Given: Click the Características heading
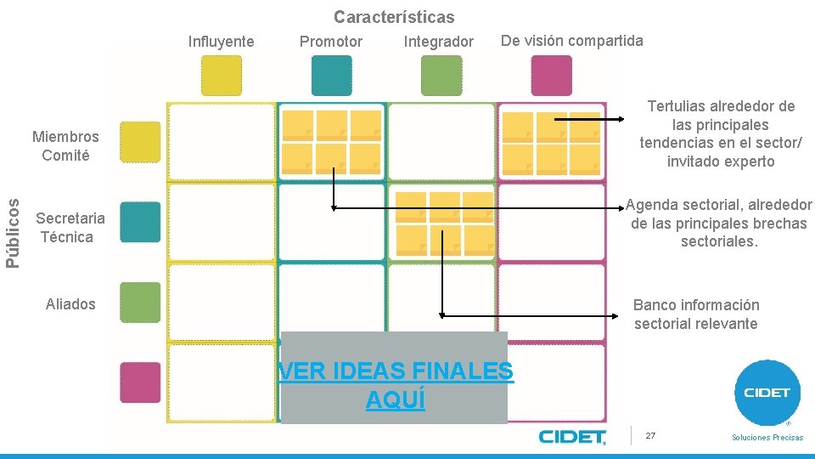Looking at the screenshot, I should coord(394,17).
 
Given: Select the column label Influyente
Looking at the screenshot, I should coord(221,42).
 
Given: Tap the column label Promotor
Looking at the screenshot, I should coord(331,42).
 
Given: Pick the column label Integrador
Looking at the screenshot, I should coord(439,42).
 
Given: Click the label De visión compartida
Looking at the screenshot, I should coord(572,41).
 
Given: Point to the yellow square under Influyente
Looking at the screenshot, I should coord(221,75).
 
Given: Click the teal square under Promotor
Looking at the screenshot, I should coord(331,75).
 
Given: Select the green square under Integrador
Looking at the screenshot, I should coord(441,75).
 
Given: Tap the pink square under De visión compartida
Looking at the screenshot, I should coord(551,75).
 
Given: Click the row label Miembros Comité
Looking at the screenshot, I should coord(65,145).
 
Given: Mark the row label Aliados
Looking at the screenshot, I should coord(70,304).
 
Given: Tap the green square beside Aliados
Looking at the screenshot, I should coord(140,302).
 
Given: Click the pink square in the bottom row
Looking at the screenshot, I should coord(140,382).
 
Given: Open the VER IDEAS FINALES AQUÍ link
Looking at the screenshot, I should coord(396,385).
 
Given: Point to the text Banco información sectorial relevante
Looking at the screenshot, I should coord(696,314).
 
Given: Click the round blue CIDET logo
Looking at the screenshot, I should coord(767,392).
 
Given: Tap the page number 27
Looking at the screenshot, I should coord(650,435).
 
